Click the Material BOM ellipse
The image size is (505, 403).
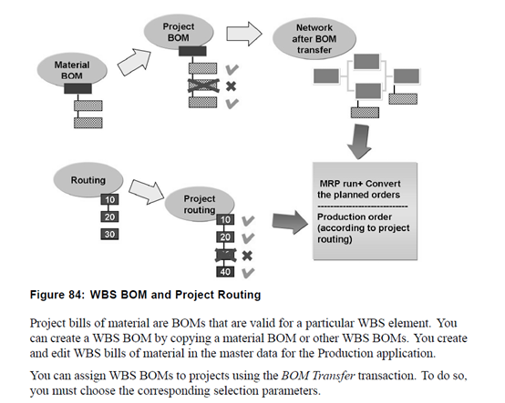coord(71,71)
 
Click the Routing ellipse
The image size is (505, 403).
coord(88,180)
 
